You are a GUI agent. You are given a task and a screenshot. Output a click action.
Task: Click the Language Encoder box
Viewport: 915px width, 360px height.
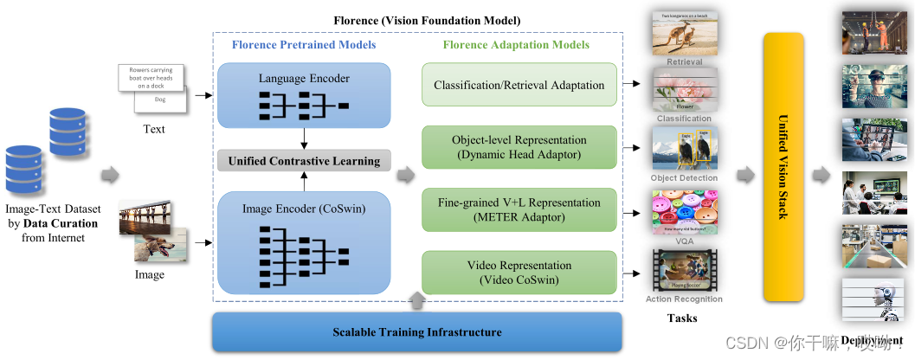pos(304,96)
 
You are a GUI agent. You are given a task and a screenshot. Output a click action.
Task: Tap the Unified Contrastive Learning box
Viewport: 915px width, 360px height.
pos(304,161)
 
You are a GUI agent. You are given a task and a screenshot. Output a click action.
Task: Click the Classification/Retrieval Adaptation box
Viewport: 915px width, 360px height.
pos(519,85)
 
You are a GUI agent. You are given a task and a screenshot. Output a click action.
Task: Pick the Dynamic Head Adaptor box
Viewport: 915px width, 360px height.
pos(519,147)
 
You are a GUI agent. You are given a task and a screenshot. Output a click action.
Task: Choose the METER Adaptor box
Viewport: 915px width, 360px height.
pos(519,209)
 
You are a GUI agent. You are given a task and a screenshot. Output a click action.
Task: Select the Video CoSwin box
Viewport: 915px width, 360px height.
pos(519,273)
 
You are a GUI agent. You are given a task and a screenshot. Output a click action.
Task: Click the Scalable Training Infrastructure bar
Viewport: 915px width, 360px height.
pos(417,332)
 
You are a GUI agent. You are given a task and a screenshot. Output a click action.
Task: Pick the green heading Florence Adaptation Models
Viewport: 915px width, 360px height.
pos(516,45)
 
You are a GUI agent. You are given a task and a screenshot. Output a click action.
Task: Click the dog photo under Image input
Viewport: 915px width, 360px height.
pos(160,244)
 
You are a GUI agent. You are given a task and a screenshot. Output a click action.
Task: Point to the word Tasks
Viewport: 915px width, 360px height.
pos(682,318)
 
